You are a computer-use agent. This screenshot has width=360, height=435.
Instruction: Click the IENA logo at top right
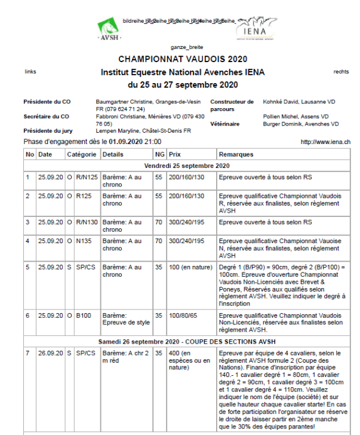256,29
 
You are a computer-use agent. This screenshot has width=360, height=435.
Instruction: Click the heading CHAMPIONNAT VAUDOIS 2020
183,59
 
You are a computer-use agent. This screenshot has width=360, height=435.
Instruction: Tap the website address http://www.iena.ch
325,142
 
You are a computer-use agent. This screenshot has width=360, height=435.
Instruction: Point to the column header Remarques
236,154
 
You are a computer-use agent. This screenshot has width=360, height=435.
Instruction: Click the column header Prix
175,154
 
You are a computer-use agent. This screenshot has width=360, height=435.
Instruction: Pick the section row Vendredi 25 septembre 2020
187,165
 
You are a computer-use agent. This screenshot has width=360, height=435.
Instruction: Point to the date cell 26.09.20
50,353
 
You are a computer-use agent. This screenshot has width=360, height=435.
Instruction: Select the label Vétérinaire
225,124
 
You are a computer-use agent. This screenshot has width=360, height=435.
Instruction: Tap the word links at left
30,72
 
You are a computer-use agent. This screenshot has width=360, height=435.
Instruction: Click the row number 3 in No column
28,222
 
